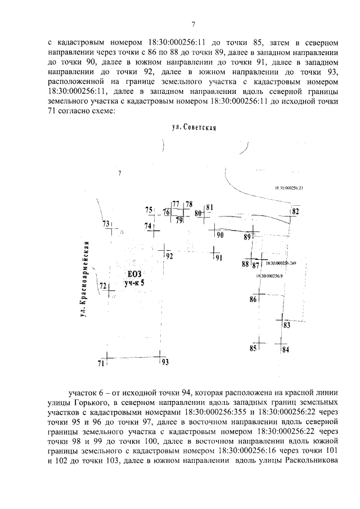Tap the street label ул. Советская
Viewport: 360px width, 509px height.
(195, 128)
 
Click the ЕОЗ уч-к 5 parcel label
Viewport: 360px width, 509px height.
(134, 278)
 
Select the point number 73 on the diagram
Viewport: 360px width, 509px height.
(106, 224)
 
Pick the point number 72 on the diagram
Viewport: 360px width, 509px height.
(103, 286)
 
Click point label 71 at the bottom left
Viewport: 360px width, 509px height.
(101, 363)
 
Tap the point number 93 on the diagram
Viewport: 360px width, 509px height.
(165, 363)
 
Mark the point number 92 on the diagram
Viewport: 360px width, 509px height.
(169, 256)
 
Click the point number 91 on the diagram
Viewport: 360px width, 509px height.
(219, 258)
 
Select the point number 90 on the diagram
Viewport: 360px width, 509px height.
(220, 235)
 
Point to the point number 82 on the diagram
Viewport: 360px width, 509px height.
(295, 211)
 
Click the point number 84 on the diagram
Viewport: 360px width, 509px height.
(286, 350)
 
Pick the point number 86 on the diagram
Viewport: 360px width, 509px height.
(253, 300)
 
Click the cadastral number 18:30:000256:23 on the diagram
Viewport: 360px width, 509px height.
(289, 189)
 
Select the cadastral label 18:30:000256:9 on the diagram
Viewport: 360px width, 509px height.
(269, 276)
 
